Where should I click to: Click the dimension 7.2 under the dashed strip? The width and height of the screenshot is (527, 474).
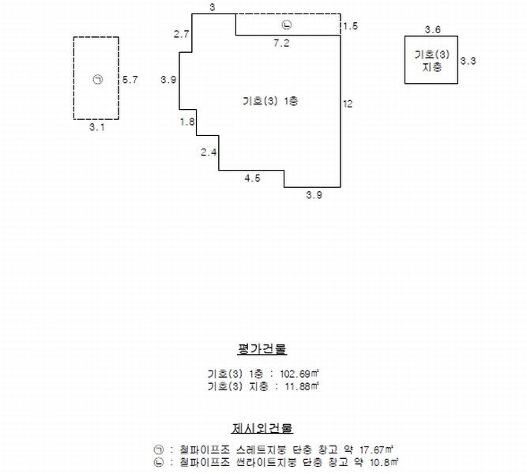coord(281,43)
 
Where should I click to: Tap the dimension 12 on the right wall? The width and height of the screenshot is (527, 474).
coord(348,103)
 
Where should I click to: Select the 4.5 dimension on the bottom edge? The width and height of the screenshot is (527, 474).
coord(252,179)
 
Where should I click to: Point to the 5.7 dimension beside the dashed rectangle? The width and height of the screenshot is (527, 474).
coord(130,80)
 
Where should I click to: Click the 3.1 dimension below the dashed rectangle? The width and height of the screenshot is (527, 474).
coord(97,127)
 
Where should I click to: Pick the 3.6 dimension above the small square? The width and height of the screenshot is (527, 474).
coord(432,29)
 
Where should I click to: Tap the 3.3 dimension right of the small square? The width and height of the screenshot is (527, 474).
coord(469,61)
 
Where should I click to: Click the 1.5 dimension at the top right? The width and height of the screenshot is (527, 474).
coord(351,26)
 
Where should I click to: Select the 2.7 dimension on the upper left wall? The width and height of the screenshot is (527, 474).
coord(182,34)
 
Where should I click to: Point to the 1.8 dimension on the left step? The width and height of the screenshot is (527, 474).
coord(187,122)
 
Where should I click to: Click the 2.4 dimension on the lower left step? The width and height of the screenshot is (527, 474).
coord(209,152)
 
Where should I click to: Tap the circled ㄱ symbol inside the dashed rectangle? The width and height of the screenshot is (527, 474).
coord(97,80)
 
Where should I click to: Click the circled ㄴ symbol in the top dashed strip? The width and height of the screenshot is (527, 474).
coord(286,24)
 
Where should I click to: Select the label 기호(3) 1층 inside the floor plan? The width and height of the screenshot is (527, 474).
coord(270,101)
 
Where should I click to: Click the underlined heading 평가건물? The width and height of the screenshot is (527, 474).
coord(262,349)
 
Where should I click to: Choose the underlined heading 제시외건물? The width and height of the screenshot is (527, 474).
coord(262,428)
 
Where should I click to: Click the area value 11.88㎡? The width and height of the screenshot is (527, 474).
coord(302,386)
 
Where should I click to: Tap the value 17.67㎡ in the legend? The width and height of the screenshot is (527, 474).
coord(376,450)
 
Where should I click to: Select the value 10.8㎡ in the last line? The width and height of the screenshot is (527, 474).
coord(384,462)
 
